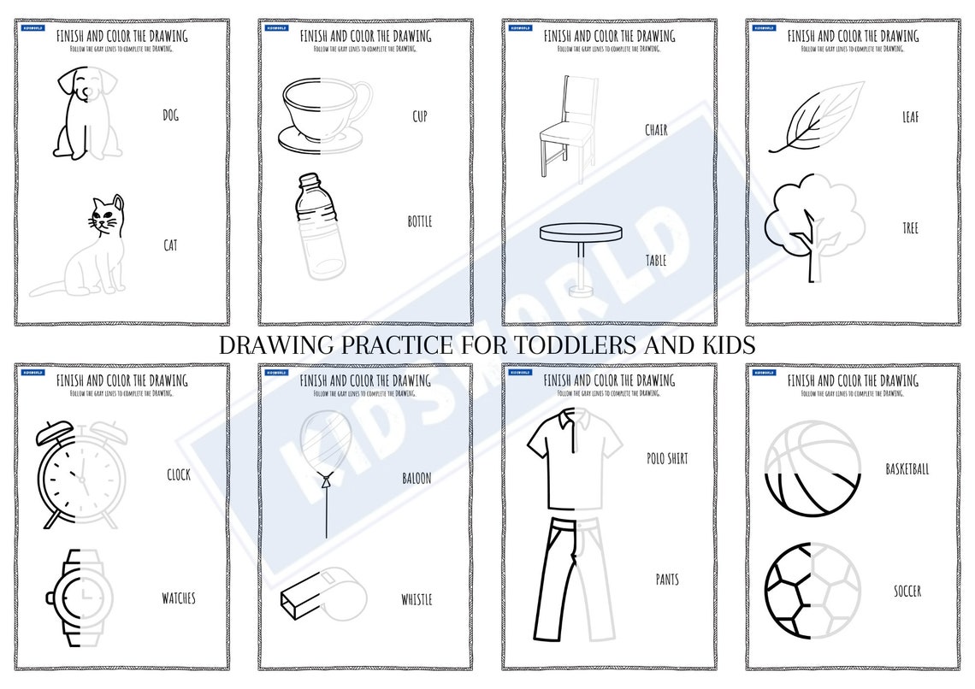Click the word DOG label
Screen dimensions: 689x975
point(170,115)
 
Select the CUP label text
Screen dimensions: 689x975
point(419,115)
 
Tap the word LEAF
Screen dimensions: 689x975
point(910,116)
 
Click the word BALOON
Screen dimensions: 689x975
point(417,479)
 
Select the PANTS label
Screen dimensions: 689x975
point(667,580)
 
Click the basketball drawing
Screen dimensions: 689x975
point(811,468)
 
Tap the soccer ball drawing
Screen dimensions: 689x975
point(810,590)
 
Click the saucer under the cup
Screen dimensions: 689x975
point(325,139)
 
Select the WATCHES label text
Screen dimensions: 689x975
point(178,598)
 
